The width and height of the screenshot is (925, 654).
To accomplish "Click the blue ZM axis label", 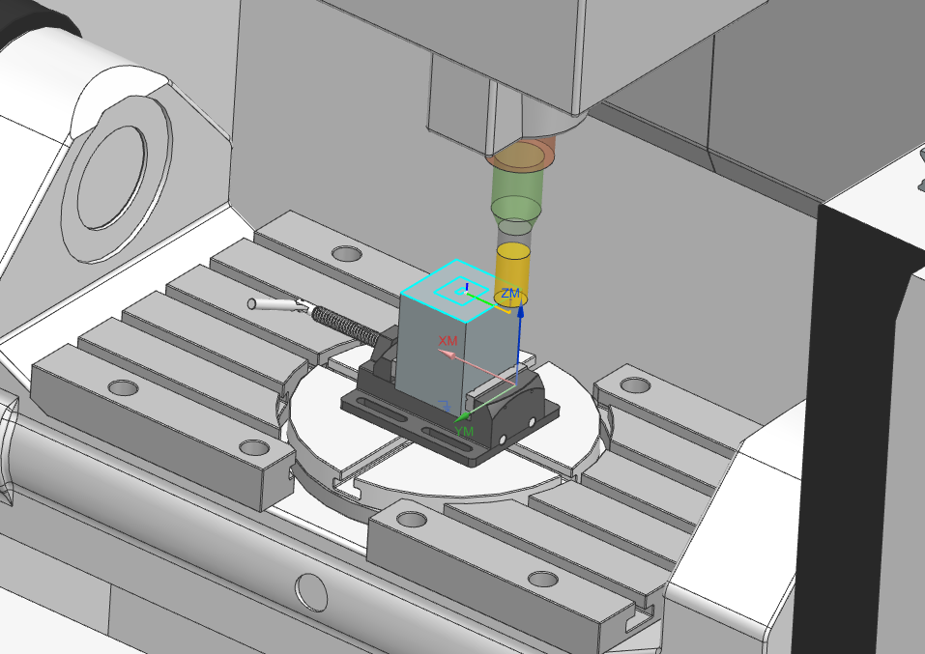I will click(510, 293).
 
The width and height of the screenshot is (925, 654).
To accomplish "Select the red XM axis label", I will click(448, 341).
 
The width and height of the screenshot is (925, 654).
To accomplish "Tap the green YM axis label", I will click(464, 431).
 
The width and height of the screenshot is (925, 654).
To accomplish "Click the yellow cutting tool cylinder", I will click(512, 270).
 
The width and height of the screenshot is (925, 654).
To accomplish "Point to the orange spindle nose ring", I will click(522, 154).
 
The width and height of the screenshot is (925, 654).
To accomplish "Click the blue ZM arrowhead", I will click(520, 312).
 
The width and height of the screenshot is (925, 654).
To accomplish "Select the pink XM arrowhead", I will click(443, 353).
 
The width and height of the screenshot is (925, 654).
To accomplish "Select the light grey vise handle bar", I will click(275, 305).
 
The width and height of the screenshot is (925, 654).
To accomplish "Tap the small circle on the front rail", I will click(311, 586).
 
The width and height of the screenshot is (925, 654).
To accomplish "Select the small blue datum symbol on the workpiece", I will click(443, 405).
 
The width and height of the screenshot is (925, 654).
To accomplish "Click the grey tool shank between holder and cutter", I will click(511, 232).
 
